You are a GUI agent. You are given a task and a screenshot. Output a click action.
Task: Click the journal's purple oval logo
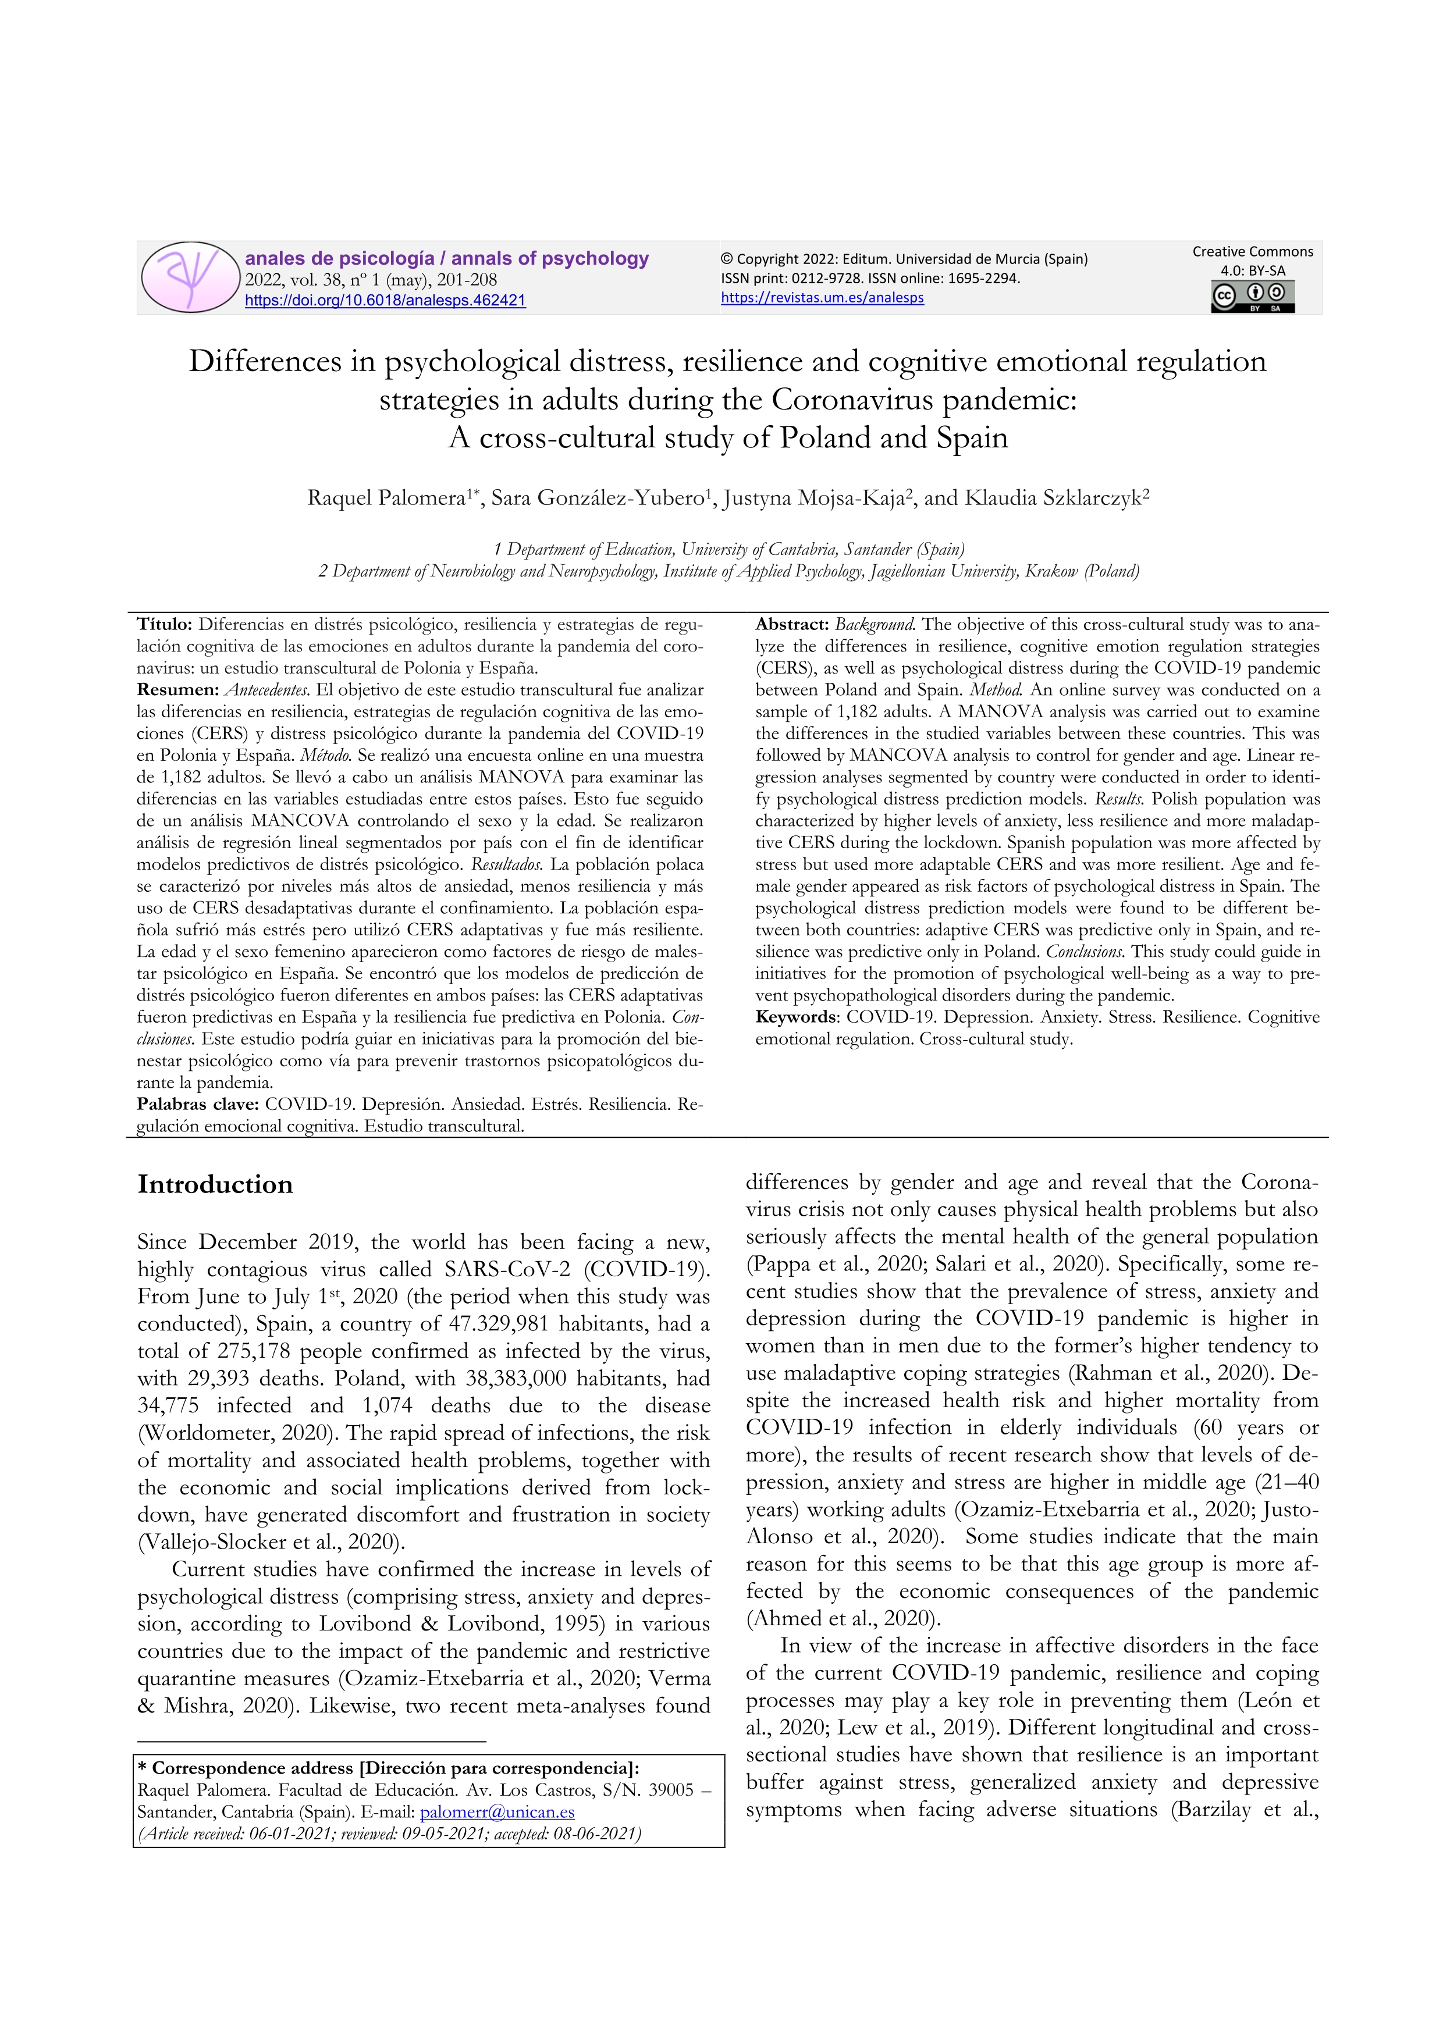(x=190, y=277)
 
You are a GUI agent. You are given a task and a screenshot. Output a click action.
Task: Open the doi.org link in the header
(x=385, y=300)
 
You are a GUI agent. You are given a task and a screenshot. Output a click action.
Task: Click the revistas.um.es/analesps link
(x=822, y=298)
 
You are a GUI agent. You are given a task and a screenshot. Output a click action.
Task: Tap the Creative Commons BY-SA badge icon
(x=1252, y=297)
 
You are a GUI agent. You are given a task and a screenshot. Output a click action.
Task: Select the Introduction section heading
(x=215, y=1184)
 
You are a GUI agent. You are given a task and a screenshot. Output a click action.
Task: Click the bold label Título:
(x=165, y=625)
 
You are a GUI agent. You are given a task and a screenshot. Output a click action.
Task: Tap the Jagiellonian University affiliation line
(x=728, y=571)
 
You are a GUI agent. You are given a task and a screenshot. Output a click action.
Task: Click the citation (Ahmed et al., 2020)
(x=843, y=1618)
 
